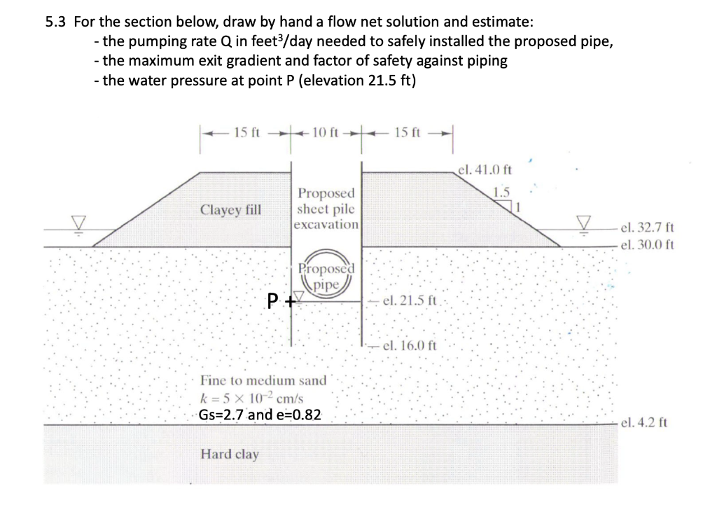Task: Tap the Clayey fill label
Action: tap(230, 209)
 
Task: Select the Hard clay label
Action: tap(230, 454)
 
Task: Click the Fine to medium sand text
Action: tap(263, 381)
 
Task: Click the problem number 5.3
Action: tap(55, 22)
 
